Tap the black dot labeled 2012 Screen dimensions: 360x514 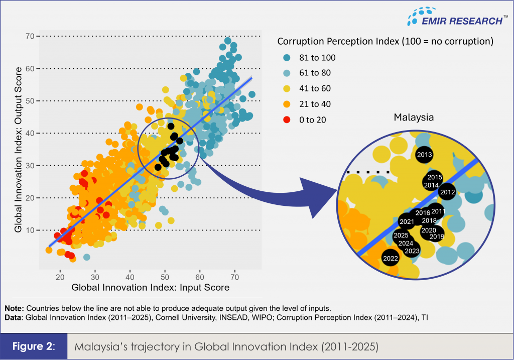coord(447,192)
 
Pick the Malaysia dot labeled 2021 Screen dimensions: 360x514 coord(407,221)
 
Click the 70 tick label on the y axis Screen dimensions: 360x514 coord(31,36)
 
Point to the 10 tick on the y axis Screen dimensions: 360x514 coord(31,230)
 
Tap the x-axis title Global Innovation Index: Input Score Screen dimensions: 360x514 coord(150,288)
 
